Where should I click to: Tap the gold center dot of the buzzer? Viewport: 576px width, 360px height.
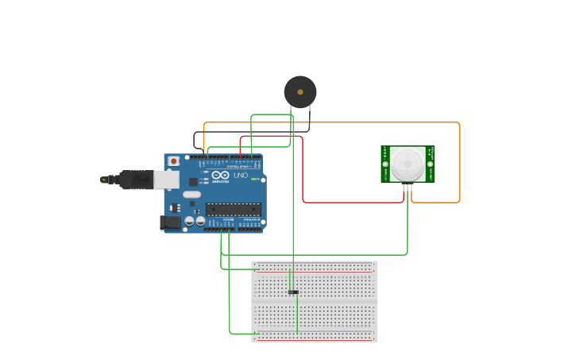(300, 92)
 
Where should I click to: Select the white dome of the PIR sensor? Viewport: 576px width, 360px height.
(408, 164)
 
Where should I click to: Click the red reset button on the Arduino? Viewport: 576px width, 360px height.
(173, 161)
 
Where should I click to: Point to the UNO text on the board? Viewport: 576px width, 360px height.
(240, 175)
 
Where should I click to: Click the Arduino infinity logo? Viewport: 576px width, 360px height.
(220, 175)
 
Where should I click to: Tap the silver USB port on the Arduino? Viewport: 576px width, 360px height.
(165, 180)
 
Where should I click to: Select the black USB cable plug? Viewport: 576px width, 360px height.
(135, 180)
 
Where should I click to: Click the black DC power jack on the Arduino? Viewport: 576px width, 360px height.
(169, 223)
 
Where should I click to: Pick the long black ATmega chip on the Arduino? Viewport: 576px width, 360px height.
(233, 210)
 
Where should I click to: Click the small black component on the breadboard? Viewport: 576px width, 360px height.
(293, 292)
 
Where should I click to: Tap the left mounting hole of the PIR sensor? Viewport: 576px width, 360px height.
(385, 164)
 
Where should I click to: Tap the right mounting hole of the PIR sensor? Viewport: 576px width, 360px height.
(430, 164)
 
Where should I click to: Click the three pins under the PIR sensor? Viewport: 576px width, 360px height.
(408, 188)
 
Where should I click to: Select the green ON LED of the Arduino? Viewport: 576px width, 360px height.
(253, 179)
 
